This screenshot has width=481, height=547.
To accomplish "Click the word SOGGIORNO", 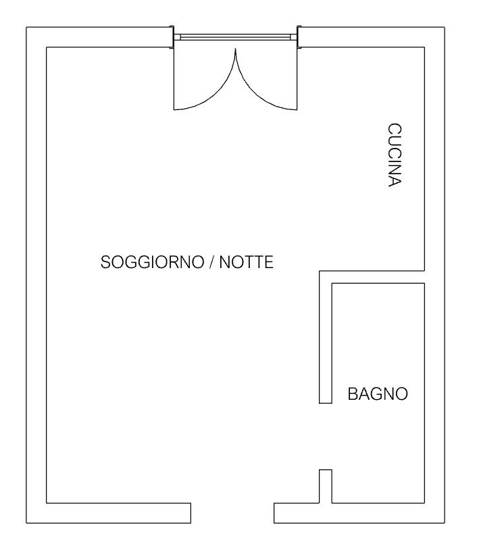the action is point(152,262).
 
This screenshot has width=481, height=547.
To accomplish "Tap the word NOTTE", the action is point(247,262).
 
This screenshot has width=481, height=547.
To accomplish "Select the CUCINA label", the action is point(395,155).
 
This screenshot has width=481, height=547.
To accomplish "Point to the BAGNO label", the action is point(378,394).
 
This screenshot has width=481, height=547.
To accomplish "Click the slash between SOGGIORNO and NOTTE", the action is point(211,262).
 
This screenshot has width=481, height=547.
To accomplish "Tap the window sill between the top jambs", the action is point(236,37).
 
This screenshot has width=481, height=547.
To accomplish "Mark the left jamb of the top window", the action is point(172,37).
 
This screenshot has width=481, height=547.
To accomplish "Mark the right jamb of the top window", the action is point(299,37).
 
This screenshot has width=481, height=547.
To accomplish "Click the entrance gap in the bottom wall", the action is point(232,513).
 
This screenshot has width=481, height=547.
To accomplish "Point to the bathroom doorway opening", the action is point(326,436).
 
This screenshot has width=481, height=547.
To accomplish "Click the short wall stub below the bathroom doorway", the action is point(326,486).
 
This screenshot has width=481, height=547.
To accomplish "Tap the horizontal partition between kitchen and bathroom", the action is point(372,277).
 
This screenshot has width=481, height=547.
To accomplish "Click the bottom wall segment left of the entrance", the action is point(109,513).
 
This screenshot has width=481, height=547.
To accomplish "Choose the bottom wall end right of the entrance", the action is point(274,513).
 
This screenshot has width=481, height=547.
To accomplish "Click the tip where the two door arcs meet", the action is point(236,49).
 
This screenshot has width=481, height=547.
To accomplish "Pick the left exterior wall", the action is point(36,275).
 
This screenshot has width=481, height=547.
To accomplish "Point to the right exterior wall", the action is point(434,275).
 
